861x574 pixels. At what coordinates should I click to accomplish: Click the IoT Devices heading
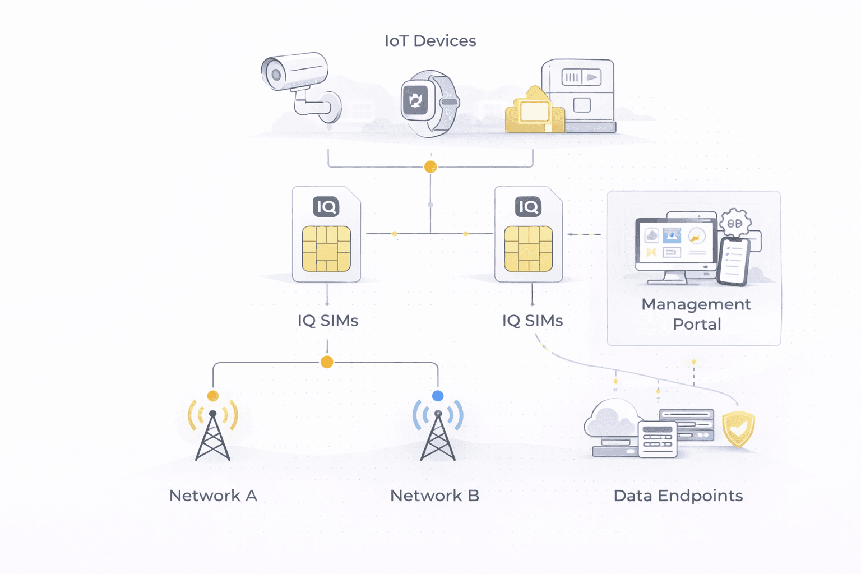tap(430, 41)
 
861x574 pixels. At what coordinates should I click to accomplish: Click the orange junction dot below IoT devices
tap(430, 166)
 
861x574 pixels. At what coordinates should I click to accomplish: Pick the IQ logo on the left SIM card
tap(326, 207)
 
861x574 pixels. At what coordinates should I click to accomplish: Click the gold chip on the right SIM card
tap(529, 249)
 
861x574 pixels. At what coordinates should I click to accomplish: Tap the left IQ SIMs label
tap(328, 321)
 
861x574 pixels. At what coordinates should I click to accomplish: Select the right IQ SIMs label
tap(533, 321)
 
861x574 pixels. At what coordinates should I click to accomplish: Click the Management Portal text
tap(696, 314)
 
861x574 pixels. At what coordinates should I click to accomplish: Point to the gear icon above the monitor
tap(735, 224)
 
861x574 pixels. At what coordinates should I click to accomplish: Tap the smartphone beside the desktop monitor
tap(734, 261)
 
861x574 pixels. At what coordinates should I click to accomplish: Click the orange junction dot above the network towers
tap(327, 362)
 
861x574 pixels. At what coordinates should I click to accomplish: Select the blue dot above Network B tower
tap(438, 396)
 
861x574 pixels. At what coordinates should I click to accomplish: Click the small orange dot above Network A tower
tap(212, 396)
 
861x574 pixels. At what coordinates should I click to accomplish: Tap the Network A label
tap(213, 496)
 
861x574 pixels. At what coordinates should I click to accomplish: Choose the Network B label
tap(434, 496)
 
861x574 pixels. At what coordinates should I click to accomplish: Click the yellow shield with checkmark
tap(738, 428)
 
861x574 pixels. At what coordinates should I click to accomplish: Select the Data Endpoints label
tap(678, 496)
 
